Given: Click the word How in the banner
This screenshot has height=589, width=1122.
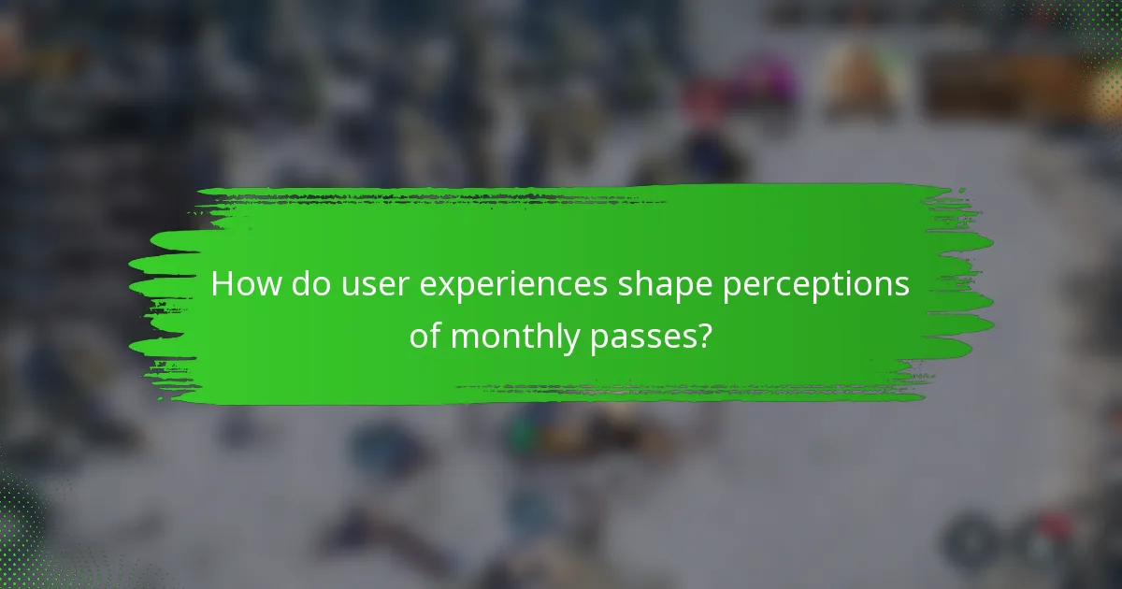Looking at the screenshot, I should click(x=241, y=285).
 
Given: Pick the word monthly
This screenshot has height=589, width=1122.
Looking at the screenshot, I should click(x=513, y=338).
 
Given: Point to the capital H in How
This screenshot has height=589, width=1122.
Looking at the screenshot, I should click(x=222, y=285).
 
